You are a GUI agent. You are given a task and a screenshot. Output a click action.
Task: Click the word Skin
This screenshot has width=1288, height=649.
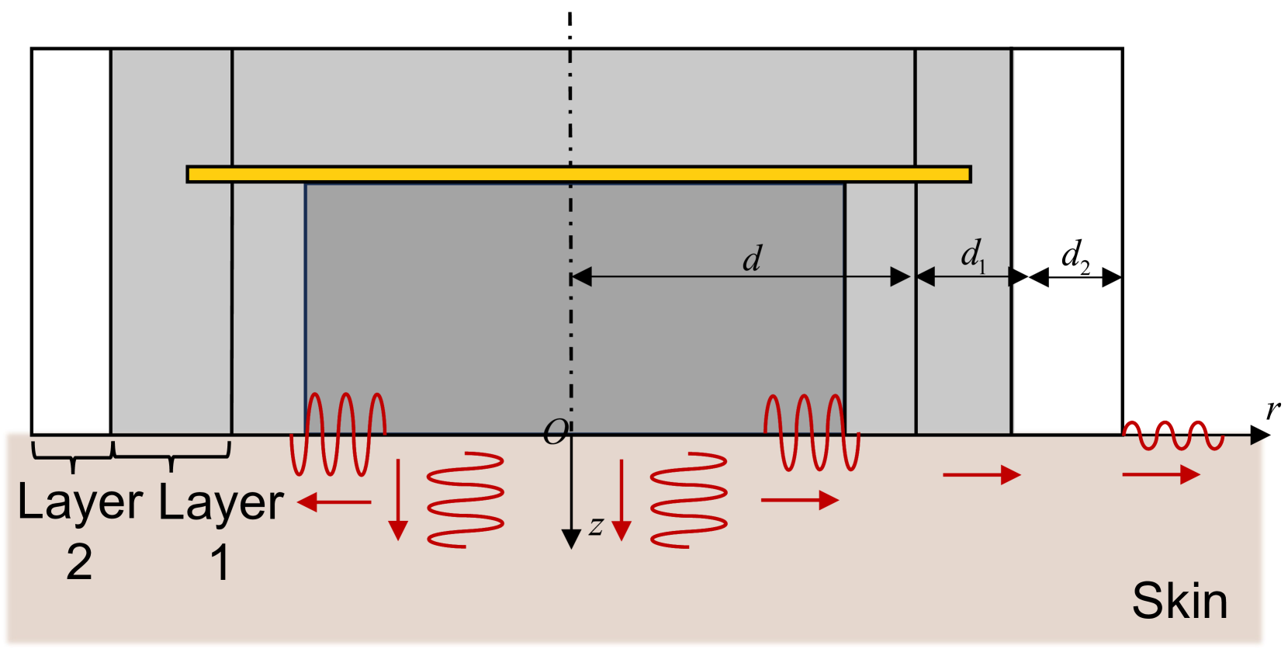click(x=1179, y=601)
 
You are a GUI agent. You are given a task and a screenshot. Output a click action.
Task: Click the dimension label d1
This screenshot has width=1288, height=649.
click(x=973, y=255)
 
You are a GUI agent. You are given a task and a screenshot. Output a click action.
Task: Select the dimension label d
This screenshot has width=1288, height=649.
click(x=752, y=259)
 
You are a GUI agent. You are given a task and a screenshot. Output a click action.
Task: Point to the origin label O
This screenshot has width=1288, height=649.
click(x=556, y=432)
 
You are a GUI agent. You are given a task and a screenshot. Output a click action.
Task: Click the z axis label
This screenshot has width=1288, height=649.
click(x=596, y=526)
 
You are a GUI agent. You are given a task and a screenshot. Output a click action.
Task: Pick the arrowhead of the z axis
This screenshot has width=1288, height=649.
click(x=571, y=539)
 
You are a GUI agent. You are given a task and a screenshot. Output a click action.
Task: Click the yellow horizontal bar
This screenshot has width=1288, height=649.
click(x=578, y=174)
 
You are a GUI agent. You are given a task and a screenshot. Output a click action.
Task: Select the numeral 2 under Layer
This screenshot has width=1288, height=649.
click(x=79, y=562)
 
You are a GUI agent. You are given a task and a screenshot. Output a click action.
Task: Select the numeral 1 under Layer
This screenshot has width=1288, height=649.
click(x=220, y=562)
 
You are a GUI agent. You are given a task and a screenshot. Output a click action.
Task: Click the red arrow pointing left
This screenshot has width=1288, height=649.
click(x=334, y=502)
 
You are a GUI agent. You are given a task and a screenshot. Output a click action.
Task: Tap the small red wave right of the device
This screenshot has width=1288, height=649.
click(x=1172, y=436)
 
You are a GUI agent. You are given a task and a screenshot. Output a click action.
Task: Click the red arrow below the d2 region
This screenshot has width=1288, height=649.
click(x=1161, y=474)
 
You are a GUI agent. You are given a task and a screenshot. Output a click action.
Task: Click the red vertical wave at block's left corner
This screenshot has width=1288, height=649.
click(x=338, y=435)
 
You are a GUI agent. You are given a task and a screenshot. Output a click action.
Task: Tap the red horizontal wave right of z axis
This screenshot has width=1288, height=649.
click(x=688, y=500)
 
